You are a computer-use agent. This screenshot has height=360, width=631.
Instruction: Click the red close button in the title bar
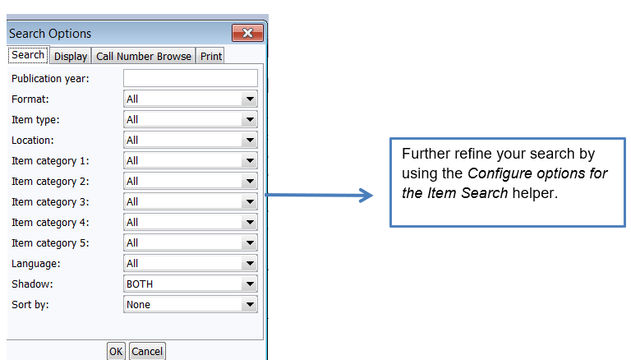[x=246, y=34]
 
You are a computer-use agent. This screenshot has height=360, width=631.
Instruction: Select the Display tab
[x=71, y=56]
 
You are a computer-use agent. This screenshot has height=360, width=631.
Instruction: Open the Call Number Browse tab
[x=144, y=56]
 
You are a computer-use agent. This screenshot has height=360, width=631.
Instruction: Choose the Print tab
[x=211, y=56]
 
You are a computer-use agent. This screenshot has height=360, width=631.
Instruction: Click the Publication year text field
[x=190, y=78]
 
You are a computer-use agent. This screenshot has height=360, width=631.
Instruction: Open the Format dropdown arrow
[x=250, y=99]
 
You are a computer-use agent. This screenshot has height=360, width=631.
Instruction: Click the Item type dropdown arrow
[x=250, y=119]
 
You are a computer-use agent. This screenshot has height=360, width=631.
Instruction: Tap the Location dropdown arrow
[x=250, y=140]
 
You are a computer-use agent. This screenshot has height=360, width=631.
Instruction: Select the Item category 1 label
[x=51, y=160]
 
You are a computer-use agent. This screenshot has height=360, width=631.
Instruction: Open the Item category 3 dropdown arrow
[x=250, y=201]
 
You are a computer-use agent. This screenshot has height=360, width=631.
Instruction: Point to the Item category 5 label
[x=51, y=242]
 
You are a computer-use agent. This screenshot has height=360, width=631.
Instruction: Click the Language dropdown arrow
[x=250, y=263]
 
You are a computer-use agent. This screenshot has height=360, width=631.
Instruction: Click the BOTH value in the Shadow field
[x=140, y=284]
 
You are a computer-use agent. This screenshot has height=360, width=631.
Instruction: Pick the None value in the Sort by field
[x=138, y=304]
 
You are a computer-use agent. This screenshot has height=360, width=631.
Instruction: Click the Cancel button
[x=147, y=351]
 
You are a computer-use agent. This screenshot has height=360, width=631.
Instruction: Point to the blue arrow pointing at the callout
[x=320, y=196]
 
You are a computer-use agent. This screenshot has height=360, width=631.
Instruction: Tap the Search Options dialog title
[x=50, y=34]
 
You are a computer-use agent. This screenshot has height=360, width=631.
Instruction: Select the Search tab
[x=28, y=55]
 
